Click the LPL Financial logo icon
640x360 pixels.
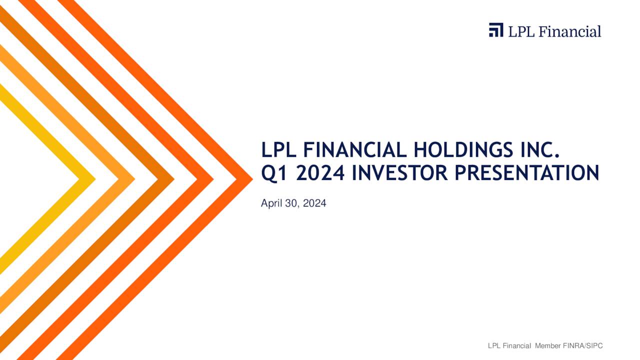(x=496, y=30)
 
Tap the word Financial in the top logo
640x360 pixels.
(x=571, y=31)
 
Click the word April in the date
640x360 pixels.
(x=270, y=203)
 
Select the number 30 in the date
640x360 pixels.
(x=291, y=203)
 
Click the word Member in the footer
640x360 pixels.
(x=548, y=346)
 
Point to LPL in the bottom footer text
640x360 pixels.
(x=494, y=346)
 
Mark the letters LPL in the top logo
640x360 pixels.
(x=520, y=31)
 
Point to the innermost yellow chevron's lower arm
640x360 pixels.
(x=45, y=225)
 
